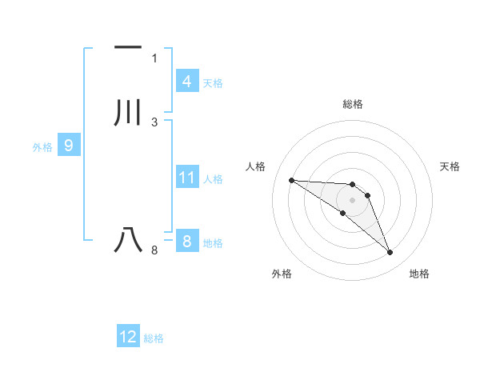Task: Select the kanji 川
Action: tap(129, 113)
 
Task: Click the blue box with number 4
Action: tap(186, 82)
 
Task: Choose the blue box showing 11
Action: tap(186, 178)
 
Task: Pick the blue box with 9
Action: tap(69, 146)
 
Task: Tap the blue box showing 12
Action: tap(128, 337)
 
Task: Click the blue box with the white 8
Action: tap(186, 242)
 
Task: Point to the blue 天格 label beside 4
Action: tap(213, 82)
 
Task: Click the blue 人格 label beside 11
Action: tap(213, 178)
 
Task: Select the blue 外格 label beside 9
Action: tap(42, 146)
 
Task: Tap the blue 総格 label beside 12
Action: tap(154, 338)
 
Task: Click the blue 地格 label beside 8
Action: tap(213, 242)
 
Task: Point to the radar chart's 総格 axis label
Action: tap(353, 104)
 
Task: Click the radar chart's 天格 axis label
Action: tap(450, 166)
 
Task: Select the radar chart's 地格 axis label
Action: tap(419, 274)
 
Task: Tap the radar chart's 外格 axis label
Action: tap(282, 274)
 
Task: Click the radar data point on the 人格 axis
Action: tap(291, 180)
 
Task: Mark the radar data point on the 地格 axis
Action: tap(390, 253)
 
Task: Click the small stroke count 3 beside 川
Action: tap(154, 122)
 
